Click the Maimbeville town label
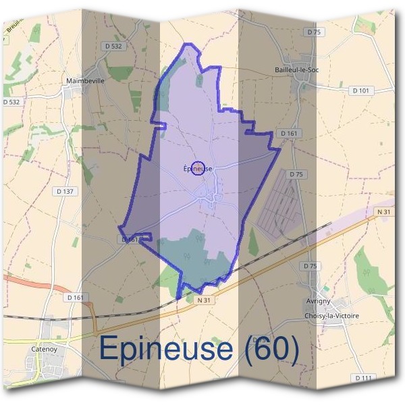click(85, 80)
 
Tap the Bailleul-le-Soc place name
click(297, 70)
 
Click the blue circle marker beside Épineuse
click(198, 168)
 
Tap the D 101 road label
click(361, 90)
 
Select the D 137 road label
click(65, 191)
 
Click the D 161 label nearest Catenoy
click(76, 297)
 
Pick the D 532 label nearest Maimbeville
click(115, 46)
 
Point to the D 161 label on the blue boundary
click(130, 239)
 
